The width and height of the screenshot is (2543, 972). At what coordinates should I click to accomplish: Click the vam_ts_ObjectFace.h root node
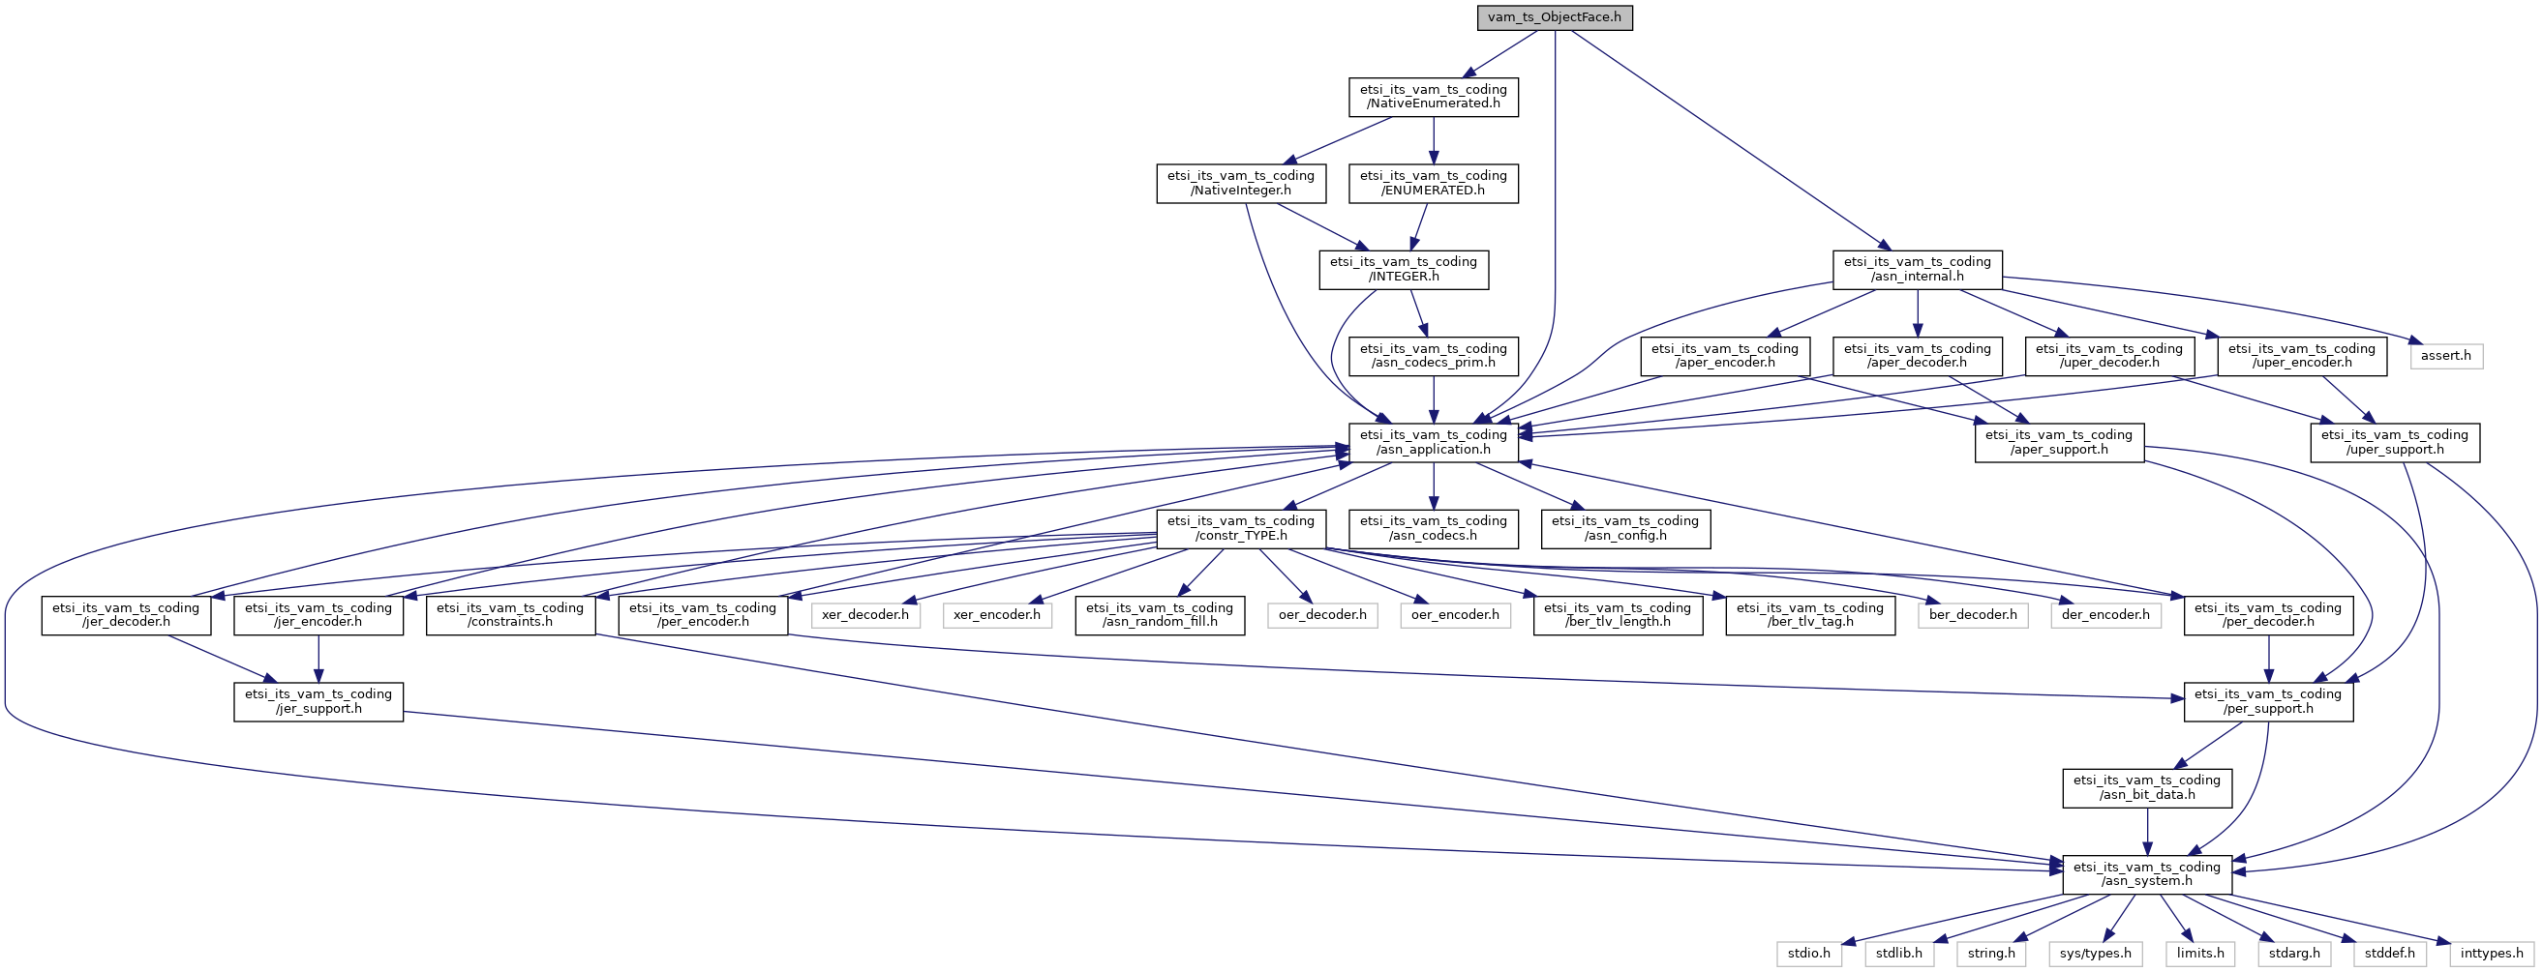pyautogui.click(x=1555, y=17)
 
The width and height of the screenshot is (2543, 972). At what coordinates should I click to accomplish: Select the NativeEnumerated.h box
pyautogui.click(x=1434, y=97)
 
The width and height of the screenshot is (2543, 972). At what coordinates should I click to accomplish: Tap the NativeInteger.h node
pyautogui.click(x=1241, y=184)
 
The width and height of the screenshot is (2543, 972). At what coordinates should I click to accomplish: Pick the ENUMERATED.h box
pyautogui.click(x=1434, y=184)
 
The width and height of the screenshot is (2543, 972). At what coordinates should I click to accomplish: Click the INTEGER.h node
pyautogui.click(x=1404, y=270)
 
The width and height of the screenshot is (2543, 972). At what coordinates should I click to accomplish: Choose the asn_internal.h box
pyautogui.click(x=1917, y=270)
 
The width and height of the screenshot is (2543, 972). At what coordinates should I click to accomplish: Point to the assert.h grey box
pyautogui.click(x=2446, y=356)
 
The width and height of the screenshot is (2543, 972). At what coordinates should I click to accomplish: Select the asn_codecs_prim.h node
pyautogui.click(x=1434, y=356)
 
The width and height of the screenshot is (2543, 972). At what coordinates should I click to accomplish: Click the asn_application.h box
pyautogui.click(x=1434, y=442)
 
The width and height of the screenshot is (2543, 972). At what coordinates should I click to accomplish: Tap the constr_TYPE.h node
pyautogui.click(x=1241, y=529)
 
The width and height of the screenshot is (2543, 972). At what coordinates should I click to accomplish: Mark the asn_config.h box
pyautogui.click(x=1625, y=529)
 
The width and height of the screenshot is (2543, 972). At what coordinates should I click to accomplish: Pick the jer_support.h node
pyautogui.click(x=318, y=701)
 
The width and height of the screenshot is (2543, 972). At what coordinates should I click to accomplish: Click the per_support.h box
pyautogui.click(x=2268, y=701)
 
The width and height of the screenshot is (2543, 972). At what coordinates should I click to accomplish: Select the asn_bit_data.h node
pyautogui.click(x=2147, y=787)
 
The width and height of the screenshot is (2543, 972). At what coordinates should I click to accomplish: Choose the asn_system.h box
pyautogui.click(x=2147, y=874)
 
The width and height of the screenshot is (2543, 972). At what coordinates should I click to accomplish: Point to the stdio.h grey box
pyautogui.click(x=1809, y=955)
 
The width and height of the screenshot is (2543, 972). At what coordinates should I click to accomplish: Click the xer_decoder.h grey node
pyautogui.click(x=865, y=616)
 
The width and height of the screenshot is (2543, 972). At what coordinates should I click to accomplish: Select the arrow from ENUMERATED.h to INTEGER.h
pyautogui.click(x=1419, y=227)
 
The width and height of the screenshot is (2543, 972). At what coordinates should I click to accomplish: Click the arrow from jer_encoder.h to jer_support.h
pyautogui.click(x=318, y=660)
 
